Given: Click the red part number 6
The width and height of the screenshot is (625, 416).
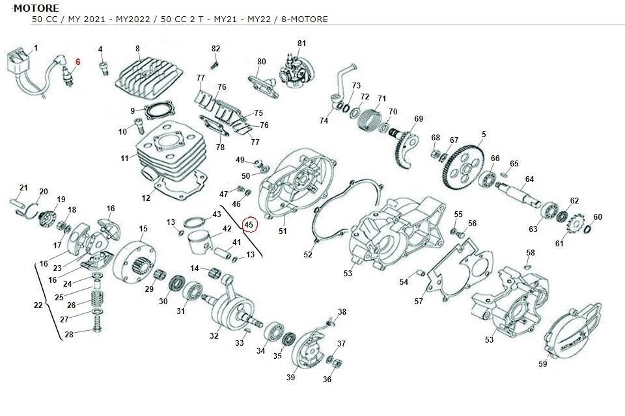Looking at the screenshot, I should tap(77, 62).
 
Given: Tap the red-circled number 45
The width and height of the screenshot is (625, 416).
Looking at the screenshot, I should tap(249, 225).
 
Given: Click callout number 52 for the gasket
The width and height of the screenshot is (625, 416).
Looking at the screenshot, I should tap(308, 255).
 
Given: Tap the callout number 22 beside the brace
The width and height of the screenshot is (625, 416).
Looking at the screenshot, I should tap(38, 305).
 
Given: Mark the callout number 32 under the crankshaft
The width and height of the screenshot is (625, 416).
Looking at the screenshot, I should tap(214, 336).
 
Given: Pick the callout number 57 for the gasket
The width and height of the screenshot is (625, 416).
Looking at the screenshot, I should tap(419, 301).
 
